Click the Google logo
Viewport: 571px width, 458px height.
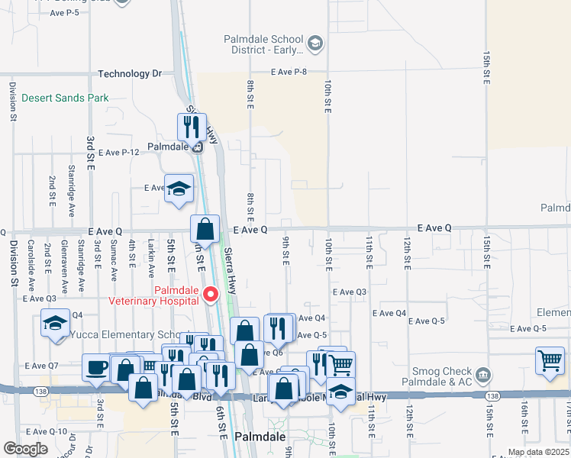tap(25, 449)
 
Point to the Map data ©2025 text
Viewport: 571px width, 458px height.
tap(539, 452)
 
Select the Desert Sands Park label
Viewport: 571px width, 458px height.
tap(65, 98)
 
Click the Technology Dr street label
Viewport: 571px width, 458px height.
tap(130, 74)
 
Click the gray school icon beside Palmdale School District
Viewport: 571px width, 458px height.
tap(315, 44)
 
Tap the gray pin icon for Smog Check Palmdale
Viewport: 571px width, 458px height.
tap(482, 375)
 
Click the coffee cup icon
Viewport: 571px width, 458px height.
tap(97, 367)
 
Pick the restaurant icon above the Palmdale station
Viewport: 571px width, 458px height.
tap(192, 126)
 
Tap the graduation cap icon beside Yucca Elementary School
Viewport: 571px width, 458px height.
tap(55, 324)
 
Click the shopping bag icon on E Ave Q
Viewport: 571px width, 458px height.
tap(205, 227)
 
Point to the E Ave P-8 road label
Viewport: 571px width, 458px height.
tap(289, 72)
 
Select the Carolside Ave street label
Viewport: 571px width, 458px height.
tap(31, 265)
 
